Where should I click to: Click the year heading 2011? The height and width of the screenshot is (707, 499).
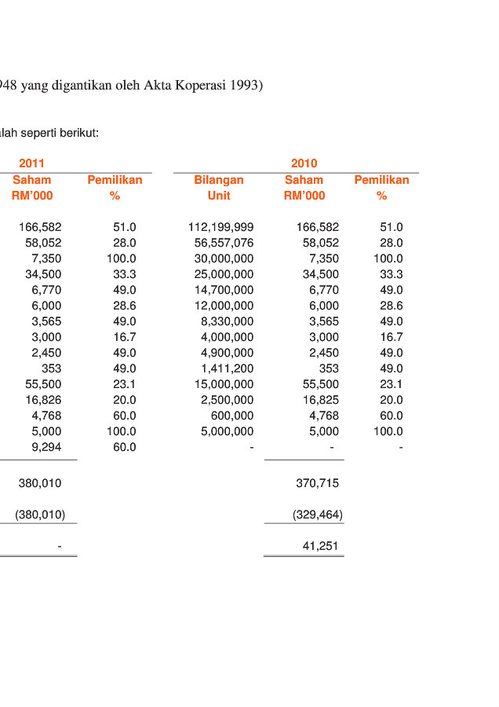tap(31, 163)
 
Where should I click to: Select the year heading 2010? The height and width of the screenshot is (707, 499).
tap(304, 163)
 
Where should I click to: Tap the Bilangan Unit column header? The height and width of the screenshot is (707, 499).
tap(219, 188)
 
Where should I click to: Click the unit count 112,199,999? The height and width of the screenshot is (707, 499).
tap(220, 227)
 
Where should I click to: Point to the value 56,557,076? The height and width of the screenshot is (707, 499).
tap(224, 243)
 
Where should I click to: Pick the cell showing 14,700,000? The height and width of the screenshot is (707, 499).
tap(224, 290)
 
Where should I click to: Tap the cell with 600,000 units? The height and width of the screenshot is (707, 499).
tap(232, 416)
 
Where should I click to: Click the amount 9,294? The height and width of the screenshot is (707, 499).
tap(46, 447)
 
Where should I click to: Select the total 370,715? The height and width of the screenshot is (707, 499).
tap(318, 483)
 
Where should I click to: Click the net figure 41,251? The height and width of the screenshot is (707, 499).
tap(321, 546)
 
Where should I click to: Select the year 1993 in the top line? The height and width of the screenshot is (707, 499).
tap(246, 86)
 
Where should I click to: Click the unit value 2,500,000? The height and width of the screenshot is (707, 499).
tap(227, 400)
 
